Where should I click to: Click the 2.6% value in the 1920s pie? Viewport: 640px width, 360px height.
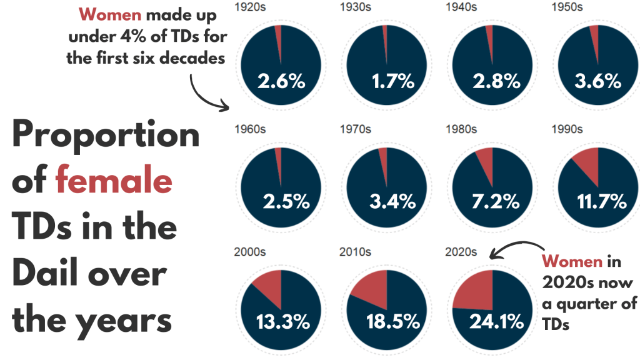pos(281,81)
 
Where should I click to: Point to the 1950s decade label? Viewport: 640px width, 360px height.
pos(567,7)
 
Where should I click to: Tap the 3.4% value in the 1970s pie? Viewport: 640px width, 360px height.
pos(387,201)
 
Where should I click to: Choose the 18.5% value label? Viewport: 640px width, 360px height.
pos(387,322)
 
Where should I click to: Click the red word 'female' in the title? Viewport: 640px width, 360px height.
pos(113,181)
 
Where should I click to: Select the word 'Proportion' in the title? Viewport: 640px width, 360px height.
pos(106,136)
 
